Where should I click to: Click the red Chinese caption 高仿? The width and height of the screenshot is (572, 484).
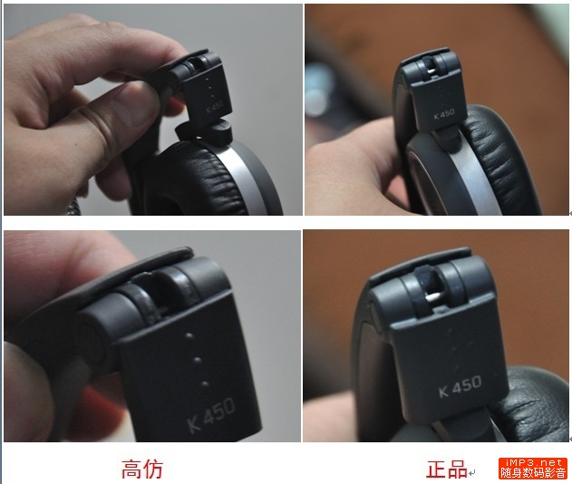[x=142, y=469]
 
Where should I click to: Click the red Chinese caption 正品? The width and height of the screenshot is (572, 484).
[x=447, y=469]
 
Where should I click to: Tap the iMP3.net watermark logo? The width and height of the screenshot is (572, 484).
[x=533, y=469]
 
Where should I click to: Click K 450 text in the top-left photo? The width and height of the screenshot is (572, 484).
[x=214, y=108]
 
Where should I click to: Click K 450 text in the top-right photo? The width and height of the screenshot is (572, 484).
[x=444, y=114]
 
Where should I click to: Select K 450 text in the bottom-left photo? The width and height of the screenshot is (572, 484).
[x=211, y=415]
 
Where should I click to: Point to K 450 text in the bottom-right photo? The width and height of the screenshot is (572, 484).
[x=460, y=386]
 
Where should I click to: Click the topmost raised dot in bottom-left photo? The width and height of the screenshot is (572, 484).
[x=189, y=334]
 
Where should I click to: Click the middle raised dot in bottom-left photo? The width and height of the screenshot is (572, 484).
[x=198, y=361]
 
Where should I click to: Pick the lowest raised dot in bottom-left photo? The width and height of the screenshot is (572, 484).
[x=205, y=383]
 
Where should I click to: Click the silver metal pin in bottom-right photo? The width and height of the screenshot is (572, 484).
[x=432, y=297]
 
